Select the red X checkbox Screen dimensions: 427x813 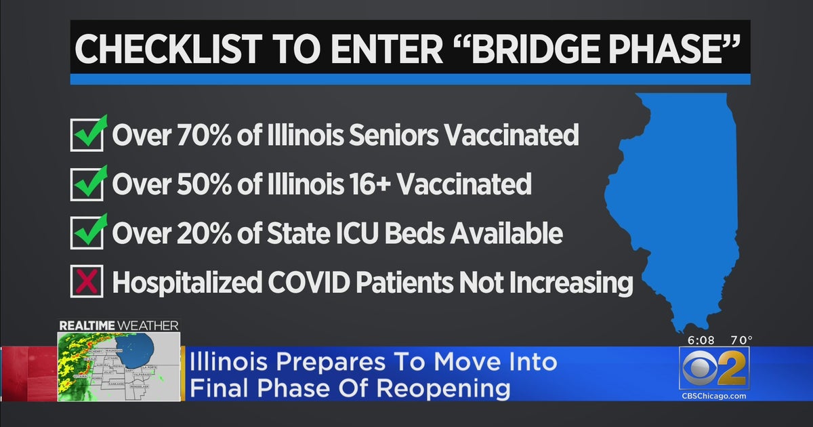pyautogui.click(x=87, y=281)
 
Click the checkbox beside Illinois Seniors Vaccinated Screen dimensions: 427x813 pyautogui.click(x=87, y=136)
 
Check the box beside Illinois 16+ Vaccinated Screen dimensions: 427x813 pyautogui.click(x=87, y=184)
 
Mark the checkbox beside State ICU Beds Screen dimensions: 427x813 pyautogui.click(x=87, y=233)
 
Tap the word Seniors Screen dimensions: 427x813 pyautogui.click(x=396, y=136)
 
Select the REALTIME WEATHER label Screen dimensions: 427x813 pyautogui.click(x=119, y=326)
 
